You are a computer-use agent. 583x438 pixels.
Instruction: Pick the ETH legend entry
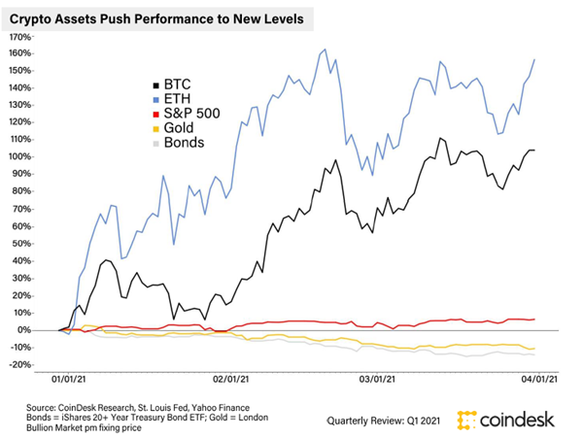(x=180, y=102)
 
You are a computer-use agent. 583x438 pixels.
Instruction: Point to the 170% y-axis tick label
(x=19, y=36)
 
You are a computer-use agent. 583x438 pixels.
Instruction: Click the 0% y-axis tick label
(x=24, y=330)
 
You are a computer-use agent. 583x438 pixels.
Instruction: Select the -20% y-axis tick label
(x=19, y=364)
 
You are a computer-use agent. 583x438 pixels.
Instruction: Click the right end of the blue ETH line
(x=534, y=60)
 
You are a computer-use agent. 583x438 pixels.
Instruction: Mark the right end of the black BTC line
(x=534, y=151)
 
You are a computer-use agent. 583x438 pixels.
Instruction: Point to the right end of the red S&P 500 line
(x=534, y=320)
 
